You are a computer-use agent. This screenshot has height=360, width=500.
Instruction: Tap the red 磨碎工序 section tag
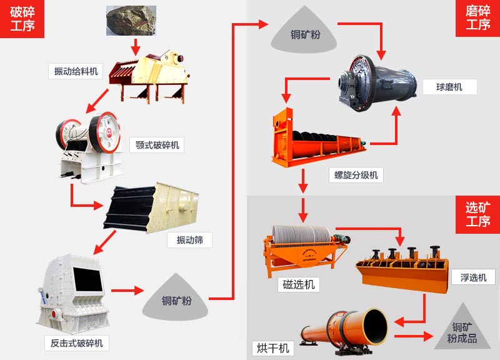[477, 19]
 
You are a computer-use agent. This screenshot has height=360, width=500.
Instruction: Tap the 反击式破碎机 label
[77, 342]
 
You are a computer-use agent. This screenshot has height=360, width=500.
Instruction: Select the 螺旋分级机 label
[356, 175]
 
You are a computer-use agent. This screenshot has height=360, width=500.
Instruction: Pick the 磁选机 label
[299, 284]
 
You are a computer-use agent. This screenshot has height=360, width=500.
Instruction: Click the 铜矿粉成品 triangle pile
[462, 328]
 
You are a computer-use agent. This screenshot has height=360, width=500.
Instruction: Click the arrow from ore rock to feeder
[134, 46]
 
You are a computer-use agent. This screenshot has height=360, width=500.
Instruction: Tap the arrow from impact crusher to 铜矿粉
[127, 291]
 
